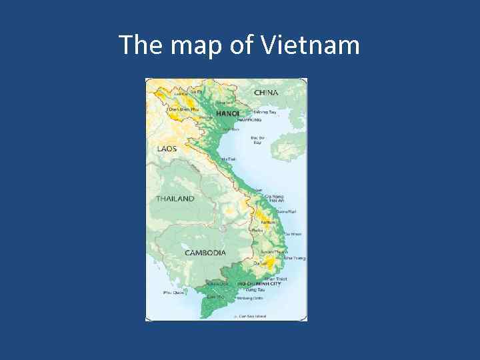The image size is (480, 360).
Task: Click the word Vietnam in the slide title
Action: (x=311, y=45)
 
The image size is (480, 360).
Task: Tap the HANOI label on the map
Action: (x=227, y=113)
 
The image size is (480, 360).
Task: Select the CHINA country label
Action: (x=266, y=93)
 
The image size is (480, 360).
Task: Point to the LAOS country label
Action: (x=167, y=149)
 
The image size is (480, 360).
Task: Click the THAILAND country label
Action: (x=175, y=199)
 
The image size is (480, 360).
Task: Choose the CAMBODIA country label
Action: (x=205, y=253)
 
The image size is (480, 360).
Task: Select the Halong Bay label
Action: (x=265, y=112)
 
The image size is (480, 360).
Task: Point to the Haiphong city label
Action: (x=249, y=120)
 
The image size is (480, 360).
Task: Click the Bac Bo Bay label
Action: (x=257, y=140)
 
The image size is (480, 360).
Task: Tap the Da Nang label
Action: (x=274, y=197)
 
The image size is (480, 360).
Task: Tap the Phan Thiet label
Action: (x=275, y=279)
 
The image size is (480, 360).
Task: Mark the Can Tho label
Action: (x=215, y=296)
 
